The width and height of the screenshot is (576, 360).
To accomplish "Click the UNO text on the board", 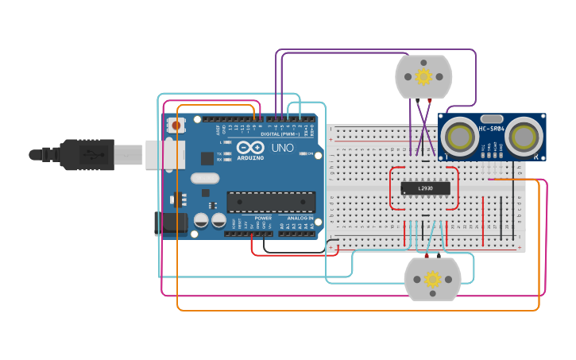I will point(282,148).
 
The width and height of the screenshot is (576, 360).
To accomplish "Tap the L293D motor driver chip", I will point(425,188).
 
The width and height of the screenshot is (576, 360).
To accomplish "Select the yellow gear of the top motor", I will point(423,76).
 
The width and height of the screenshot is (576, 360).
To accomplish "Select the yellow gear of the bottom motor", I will point(432,279).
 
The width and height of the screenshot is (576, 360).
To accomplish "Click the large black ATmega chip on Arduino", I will point(270,202).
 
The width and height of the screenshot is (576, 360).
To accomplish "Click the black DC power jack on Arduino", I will point(172,223).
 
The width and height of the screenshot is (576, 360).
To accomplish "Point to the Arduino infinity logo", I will point(249,147).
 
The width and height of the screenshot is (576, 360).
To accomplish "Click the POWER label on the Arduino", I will point(262,218).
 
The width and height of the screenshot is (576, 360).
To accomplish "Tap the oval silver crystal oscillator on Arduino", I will point(204,179).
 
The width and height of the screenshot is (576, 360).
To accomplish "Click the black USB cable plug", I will point(87,154).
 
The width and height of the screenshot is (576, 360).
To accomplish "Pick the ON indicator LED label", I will point(311,153).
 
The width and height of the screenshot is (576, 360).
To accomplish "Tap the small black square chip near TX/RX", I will point(207,158).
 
